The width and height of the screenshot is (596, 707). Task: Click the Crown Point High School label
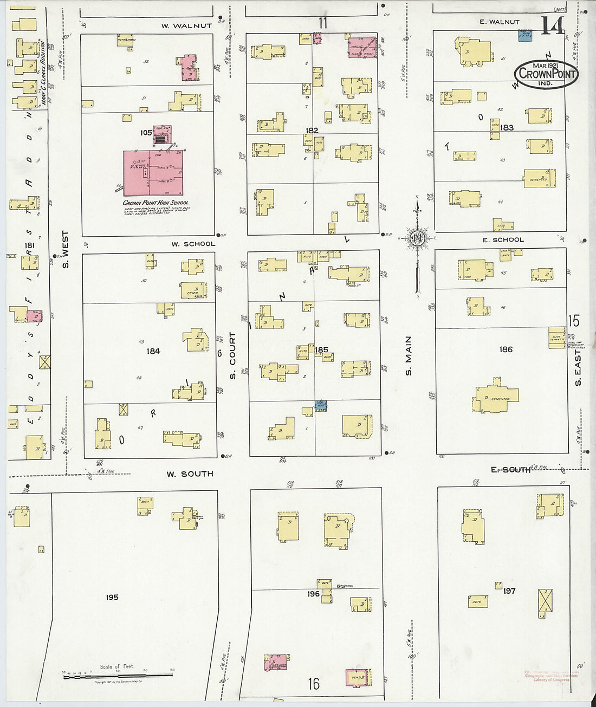tap(155, 203)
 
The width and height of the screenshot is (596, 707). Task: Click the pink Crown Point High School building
tap(153, 173)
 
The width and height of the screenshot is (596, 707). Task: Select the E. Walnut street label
tap(499, 22)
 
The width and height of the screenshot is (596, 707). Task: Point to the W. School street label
tap(193, 244)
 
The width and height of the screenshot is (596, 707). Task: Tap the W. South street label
tap(189, 474)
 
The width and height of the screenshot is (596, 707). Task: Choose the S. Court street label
tap(232, 355)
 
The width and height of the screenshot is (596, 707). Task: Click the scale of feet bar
tap(118, 676)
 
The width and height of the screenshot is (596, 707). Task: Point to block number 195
tap(112, 597)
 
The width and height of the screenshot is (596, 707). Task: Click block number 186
tap(506, 349)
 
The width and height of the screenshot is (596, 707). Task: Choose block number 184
tap(153, 351)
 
